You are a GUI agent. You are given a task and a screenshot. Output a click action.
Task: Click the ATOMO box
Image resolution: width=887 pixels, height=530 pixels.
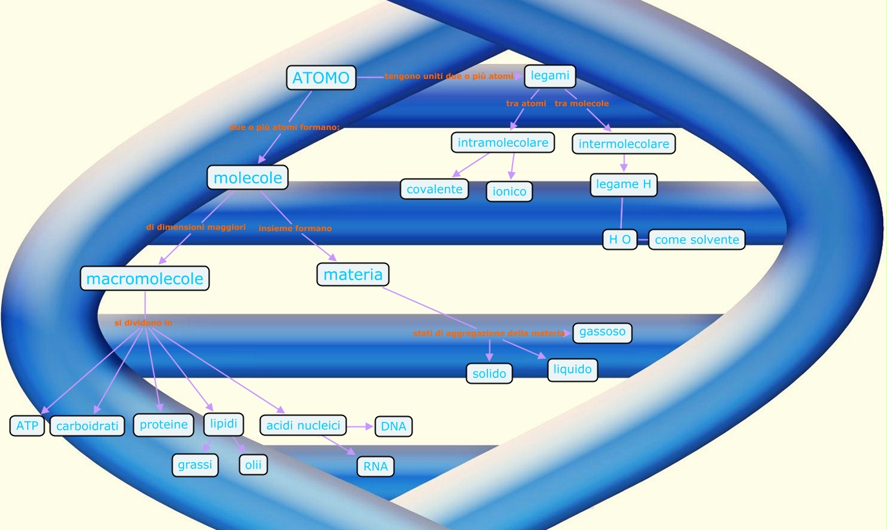[x=321, y=78]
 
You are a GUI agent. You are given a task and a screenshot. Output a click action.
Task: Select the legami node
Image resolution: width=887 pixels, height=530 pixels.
[x=550, y=76]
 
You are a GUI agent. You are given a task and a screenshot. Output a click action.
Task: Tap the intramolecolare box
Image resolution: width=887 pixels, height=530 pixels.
[x=503, y=142]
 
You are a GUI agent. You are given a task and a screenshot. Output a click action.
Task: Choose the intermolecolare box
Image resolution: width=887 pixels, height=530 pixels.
[x=623, y=144]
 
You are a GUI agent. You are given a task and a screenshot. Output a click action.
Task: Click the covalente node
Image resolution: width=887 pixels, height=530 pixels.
[x=434, y=189]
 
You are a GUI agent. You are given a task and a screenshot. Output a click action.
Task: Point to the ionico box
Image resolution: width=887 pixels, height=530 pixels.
[x=509, y=192]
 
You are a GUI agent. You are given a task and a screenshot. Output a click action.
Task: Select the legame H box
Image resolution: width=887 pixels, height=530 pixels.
[x=623, y=184]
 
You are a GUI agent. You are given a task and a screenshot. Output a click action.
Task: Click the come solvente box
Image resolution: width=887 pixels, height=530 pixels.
[x=696, y=239]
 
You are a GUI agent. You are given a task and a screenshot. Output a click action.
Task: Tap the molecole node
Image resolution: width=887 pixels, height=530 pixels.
[x=248, y=177]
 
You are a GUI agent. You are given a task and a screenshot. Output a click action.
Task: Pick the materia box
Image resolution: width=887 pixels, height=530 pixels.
[x=352, y=274]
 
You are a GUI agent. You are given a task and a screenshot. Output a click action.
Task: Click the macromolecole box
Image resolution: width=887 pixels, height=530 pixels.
[x=145, y=278]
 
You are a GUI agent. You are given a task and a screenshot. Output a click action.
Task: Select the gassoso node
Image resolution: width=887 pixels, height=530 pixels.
[x=602, y=332]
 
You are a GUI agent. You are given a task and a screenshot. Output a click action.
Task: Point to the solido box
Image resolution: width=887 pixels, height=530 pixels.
[x=489, y=373]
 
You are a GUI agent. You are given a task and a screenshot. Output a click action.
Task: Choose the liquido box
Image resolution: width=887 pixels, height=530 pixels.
[x=572, y=370]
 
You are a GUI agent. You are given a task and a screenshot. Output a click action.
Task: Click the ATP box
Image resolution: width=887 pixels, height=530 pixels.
[x=27, y=426]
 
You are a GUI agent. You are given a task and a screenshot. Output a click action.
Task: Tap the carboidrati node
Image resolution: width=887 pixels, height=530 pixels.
[x=87, y=426]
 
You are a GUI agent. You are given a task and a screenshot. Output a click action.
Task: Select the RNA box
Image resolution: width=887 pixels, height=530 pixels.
[x=375, y=467]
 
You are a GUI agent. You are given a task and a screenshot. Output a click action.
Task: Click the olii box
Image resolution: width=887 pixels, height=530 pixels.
[x=253, y=465]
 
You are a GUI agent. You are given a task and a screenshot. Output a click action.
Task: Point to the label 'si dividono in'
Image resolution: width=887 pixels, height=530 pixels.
[x=143, y=322]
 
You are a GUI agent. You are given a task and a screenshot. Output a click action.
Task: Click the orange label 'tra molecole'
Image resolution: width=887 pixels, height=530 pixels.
[x=581, y=104]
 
